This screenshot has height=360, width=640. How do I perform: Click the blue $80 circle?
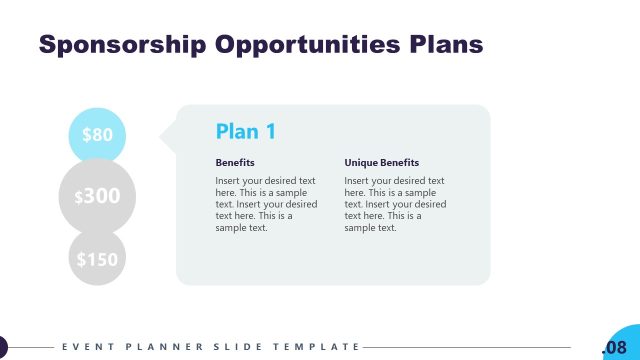(x=97, y=135)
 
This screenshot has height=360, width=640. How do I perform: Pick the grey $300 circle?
(x=97, y=197)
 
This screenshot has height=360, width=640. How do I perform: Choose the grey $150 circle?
(x=97, y=258)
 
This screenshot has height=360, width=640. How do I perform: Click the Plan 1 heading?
(x=246, y=131)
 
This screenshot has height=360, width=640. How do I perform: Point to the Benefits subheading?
(x=235, y=162)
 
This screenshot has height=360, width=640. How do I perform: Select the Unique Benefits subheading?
(x=382, y=162)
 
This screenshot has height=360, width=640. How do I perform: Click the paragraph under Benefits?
(x=266, y=204)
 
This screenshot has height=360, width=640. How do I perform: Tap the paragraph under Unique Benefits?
(x=395, y=204)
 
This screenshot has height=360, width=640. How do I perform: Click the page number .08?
(x=614, y=347)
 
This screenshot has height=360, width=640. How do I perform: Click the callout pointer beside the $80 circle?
(x=168, y=134)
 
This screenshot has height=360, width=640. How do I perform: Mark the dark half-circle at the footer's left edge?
(x=3, y=347)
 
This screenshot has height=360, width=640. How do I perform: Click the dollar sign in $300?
(x=79, y=198)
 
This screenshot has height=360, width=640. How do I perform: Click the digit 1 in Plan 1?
(x=270, y=131)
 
